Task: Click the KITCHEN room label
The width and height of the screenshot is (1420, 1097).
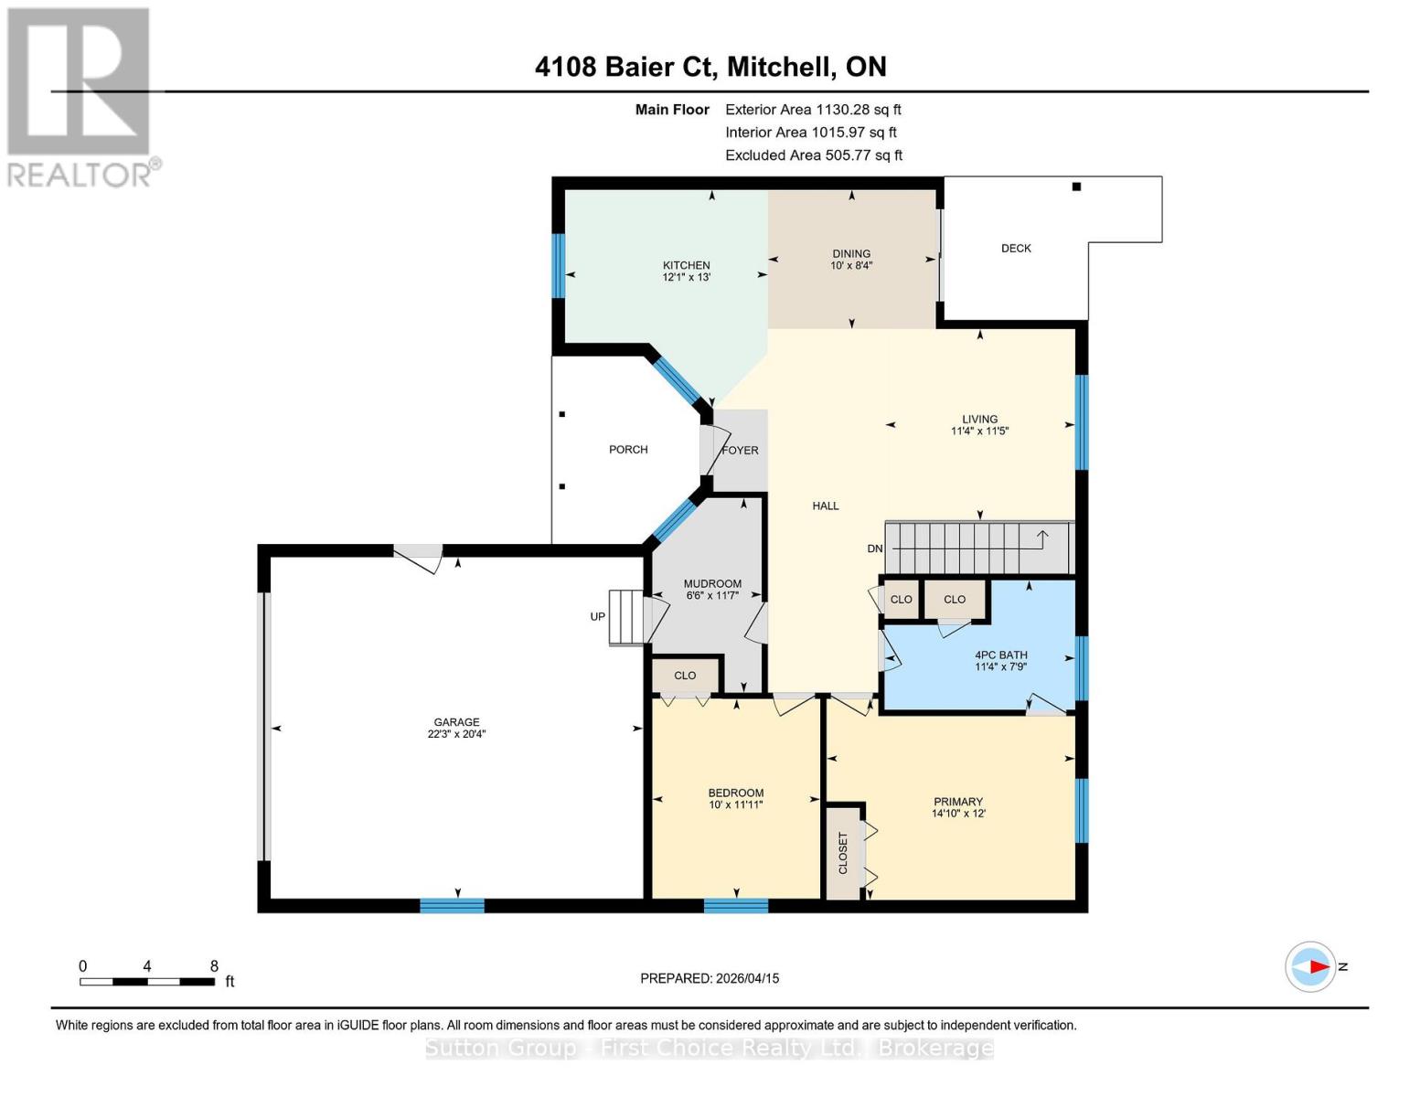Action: [x=686, y=265]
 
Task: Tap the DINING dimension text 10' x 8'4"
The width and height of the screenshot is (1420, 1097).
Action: [x=851, y=266]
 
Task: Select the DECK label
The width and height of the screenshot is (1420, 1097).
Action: [x=1016, y=248]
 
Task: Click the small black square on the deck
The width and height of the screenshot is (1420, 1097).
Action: [x=1076, y=186]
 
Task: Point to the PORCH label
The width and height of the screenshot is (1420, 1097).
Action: [x=628, y=449]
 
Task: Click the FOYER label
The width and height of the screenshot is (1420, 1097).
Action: [x=741, y=450]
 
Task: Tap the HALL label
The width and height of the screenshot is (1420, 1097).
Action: [x=825, y=506]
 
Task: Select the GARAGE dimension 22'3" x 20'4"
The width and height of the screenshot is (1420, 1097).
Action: [x=456, y=733]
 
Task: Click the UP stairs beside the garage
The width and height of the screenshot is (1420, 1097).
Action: [x=627, y=617]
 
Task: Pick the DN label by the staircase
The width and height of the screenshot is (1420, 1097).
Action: [x=875, y=548]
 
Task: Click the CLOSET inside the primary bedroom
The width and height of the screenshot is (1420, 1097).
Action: [x=843, y=852]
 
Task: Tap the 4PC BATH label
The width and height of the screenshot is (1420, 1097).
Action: [x=1000, y=655]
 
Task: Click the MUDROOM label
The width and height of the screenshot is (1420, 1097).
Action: [x=712, y=583]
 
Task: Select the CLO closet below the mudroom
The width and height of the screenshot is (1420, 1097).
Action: [x=685, y=676]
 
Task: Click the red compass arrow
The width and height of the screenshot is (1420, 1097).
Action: [x=1317, y=966]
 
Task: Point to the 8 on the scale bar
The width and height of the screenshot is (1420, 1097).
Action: [x=214, y=966]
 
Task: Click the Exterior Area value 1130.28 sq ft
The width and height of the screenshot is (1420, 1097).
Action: [x=858, y=109]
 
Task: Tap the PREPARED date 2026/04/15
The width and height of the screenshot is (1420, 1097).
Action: [x=744, y=978]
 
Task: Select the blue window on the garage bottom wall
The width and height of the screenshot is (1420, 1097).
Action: [x=452, y=906]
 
